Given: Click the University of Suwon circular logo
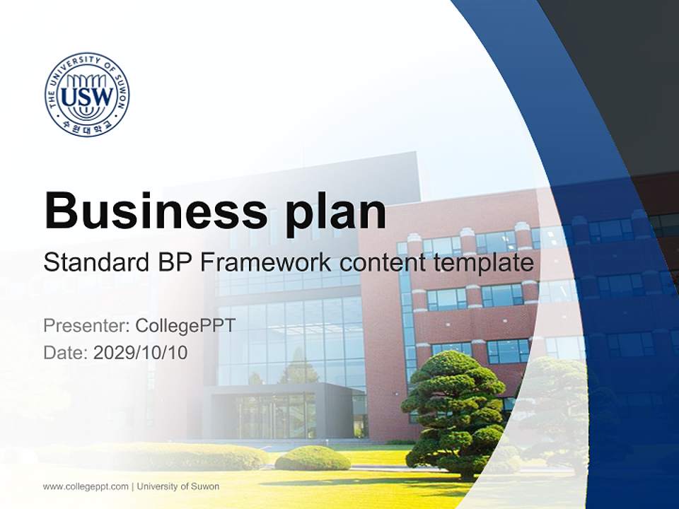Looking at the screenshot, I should pyautogui.click(x=87, y=94).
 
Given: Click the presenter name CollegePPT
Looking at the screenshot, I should pyautogui.click(x=185, y=326).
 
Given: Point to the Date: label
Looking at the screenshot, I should pyautogui.click(x=66, y=352).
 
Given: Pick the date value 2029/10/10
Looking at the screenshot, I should pyautogui.click(x=141, y=352).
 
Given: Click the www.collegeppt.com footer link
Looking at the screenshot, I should pyautogui.click(x=86, y=486).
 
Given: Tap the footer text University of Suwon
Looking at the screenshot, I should pyautogui.click(x=178, y=486).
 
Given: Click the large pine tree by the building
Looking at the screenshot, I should pyautogui.click(x=453, y=410).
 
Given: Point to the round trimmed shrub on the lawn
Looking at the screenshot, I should pyautogui.click(x=312, y=459).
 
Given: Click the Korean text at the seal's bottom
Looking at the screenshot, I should pyautogui.click(x=87, y=127).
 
